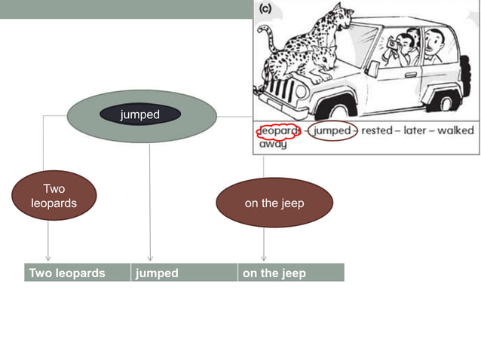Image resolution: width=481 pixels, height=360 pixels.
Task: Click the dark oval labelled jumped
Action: point(140,115)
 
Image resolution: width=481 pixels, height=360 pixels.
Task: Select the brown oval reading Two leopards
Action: point(54,195)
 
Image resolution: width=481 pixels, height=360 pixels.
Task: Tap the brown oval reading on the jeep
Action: point(274,203)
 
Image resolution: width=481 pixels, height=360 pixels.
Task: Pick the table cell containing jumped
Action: point(183,273)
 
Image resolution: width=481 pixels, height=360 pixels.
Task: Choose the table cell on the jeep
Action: point(290,273)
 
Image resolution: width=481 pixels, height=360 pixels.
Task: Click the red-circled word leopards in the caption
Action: point(279,131)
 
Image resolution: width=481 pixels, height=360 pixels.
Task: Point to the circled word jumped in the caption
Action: point(332,131)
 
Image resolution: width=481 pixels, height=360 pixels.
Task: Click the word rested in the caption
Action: point(377,130)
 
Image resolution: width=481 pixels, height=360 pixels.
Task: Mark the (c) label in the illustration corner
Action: point(265,9)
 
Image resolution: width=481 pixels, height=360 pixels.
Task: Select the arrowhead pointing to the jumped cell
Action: point(150,258)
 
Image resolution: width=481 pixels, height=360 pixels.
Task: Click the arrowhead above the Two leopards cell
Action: point(48,258)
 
